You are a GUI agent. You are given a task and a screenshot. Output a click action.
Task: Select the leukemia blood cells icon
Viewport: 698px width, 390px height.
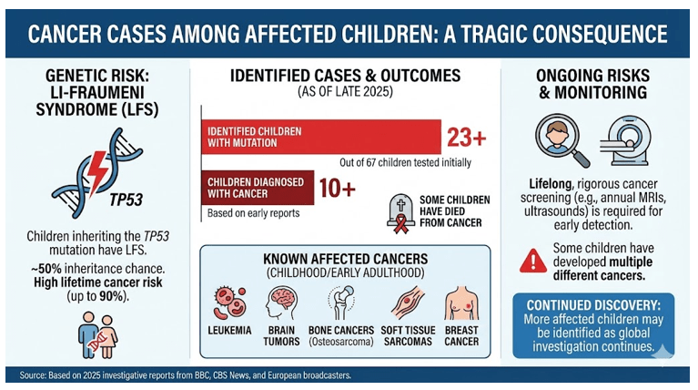point(231,304)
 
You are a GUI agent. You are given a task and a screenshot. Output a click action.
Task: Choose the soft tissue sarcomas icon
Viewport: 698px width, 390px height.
point(404,304)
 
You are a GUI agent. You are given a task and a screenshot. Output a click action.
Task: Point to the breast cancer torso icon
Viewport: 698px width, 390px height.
point(460,303)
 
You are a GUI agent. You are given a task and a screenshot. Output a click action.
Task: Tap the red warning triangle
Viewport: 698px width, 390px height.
point(532,260)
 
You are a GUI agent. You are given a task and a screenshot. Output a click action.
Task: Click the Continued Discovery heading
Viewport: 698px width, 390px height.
point(597,302)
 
